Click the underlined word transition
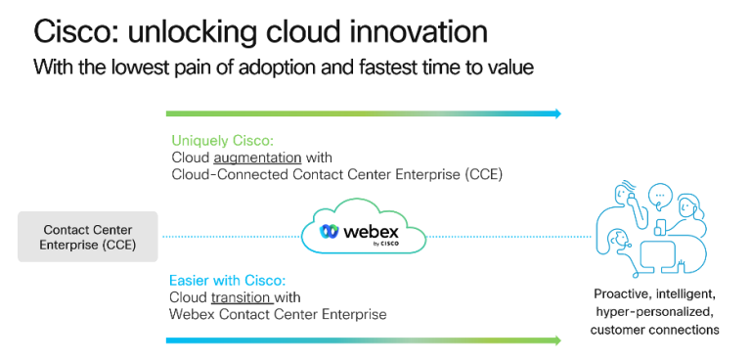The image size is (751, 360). click(240, 297)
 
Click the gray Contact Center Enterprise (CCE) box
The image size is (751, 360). click(88, 236)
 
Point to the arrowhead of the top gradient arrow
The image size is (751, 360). click(557, 113)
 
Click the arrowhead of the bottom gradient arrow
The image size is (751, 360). click(557, 340)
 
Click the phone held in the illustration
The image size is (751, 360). click(659, 227)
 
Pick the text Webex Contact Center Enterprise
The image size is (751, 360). click(279, 315)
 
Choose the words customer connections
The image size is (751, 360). click(654, 330)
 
